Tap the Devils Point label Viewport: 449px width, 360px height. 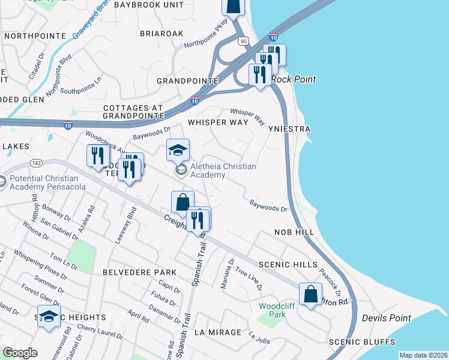pyautogui.click(x=385, y=318)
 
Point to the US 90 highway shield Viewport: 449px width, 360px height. pyautogui.click(x=242, y=41)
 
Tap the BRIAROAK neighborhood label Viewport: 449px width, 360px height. pyautogui.click(x=161, y=34)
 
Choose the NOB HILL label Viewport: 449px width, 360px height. pyautogui.click(x=294, y=232)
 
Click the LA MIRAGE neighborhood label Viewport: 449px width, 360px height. pyautogui.click(x=217, y=332)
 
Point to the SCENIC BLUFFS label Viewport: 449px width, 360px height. pyautogui.click(x=362, y=342)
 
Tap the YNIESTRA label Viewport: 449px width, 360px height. pyautogui.click(x=290, y=129)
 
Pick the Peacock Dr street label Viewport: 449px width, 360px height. pyautogui.click(x=331, y=286)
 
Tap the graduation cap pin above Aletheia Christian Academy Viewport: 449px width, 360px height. pyautogui.click(x=178, y=151)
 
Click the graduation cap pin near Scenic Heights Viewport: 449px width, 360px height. pyautogui.click(x=49, y=316)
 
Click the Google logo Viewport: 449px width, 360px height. pyautogui.click(x=20, y=353)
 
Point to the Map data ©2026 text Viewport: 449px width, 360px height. pyautogui.click(x=423, y=355)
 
